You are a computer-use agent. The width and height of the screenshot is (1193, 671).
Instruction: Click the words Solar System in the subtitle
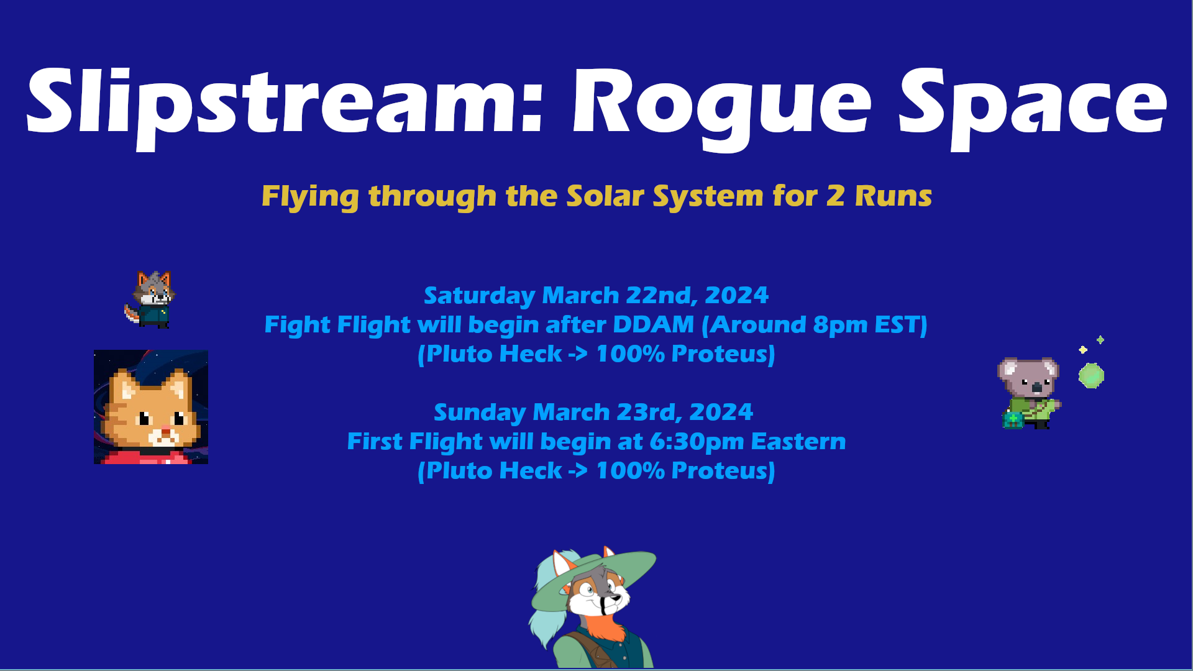665,197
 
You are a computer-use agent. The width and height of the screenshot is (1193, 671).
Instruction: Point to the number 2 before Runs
835,196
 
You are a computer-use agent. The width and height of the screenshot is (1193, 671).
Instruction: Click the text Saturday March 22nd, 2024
596,295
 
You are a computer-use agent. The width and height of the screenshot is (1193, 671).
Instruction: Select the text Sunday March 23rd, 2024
593,412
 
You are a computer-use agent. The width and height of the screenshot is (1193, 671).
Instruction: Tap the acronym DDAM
653,324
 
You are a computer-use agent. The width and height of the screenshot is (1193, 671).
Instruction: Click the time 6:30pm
697,442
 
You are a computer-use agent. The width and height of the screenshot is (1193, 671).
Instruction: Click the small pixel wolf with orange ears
150,299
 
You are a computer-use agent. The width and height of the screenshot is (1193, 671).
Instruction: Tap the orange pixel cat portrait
151,407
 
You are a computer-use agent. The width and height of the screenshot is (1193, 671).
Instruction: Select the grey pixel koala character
1030,393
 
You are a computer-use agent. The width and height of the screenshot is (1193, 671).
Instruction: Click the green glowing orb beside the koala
1091,376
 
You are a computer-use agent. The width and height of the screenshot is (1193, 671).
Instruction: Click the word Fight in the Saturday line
298,324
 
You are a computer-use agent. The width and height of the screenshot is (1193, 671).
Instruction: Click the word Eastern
798,442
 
